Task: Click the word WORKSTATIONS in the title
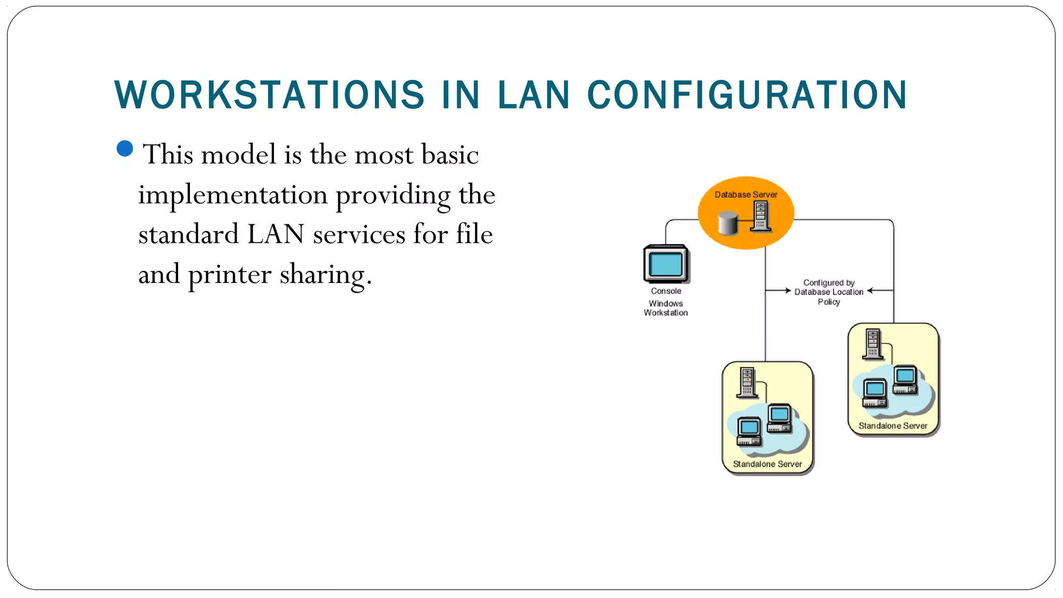(269, 96)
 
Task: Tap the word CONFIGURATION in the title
(747, 96)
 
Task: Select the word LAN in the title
(534, 96)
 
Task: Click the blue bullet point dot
(125, 148)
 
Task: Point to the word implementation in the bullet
(233, 195)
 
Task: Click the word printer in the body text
(229, 274)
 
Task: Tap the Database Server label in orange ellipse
(745, 195)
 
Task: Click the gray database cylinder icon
(728, 223)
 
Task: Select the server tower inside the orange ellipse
(761, 216)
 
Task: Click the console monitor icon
(666, 264)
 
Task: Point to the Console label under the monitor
(666, 291)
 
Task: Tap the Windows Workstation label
(666, 308)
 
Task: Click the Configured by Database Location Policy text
(829, 292)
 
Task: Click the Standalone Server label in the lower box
(767, 464)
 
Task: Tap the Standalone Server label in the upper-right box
(893, 426)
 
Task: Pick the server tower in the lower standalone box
(747, 383)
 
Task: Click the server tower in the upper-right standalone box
(873, 344)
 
